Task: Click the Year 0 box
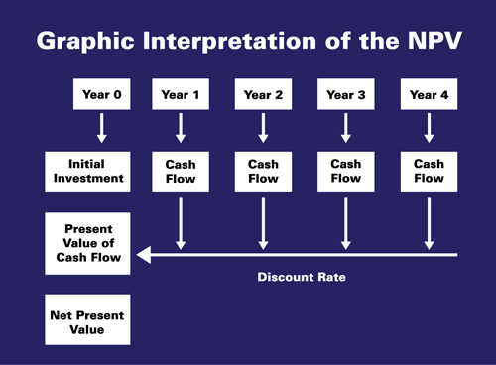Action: click(x=102, y=94)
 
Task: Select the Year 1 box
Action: click(x=181, y=94)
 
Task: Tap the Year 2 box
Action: click(x=263, y=94)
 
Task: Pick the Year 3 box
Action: click(x=346, y=94)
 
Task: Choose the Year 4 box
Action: click(x=429, y=94)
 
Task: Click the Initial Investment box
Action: click(x=87, y=172)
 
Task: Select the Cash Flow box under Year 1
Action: click(x=181, y=172)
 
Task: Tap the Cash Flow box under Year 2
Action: click(x=263, y=172)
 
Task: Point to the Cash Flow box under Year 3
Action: click(x=346, y=172)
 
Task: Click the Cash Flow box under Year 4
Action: click(x=429, y=172)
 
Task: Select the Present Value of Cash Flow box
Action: click(x=87, y=243)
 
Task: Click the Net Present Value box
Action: click(x=87, y=319)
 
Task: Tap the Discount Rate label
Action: click(x=302, y=277)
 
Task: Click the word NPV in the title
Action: click(x=434, y=41)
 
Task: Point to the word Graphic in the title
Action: click(x=85, y=42)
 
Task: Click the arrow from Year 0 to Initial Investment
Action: click(x=102, y=128)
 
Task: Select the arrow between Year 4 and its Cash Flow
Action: click(x=429, y=128)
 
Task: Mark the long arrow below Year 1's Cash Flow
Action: click(x=181, y=224)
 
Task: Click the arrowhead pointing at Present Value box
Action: click(x=144, y=255)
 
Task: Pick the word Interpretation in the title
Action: click(x=229, y=42)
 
